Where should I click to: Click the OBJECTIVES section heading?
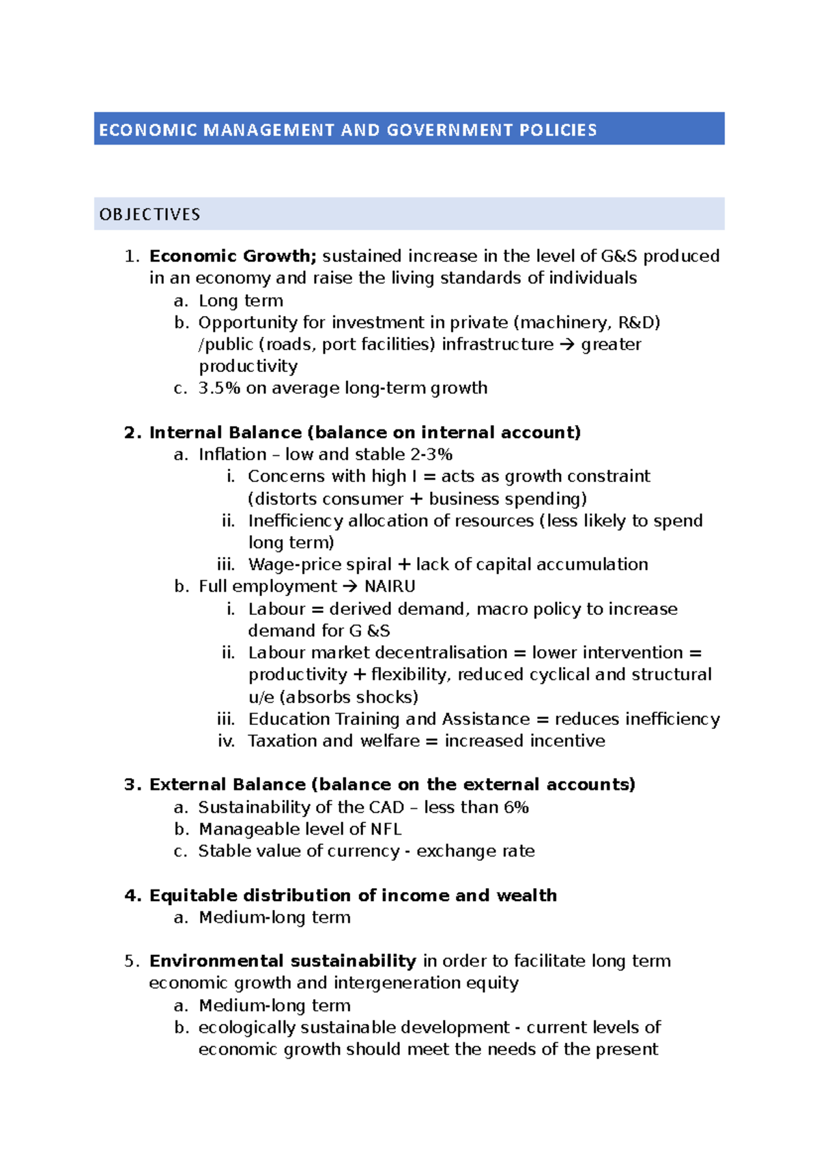(x=149, y=214)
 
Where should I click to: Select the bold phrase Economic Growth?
(x=233, y=256)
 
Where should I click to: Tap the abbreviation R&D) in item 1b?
(x=638, y=322)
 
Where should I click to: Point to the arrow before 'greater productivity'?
(x=566, y=345)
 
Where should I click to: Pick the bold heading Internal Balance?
(x=225, y=432)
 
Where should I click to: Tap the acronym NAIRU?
(x=390, y=586)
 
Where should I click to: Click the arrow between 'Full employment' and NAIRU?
(x=349, y=586)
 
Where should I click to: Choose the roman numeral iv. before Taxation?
(x=226, y=741)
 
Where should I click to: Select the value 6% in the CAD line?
(x=516, y=807)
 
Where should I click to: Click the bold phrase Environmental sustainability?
(x=283, y=961)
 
